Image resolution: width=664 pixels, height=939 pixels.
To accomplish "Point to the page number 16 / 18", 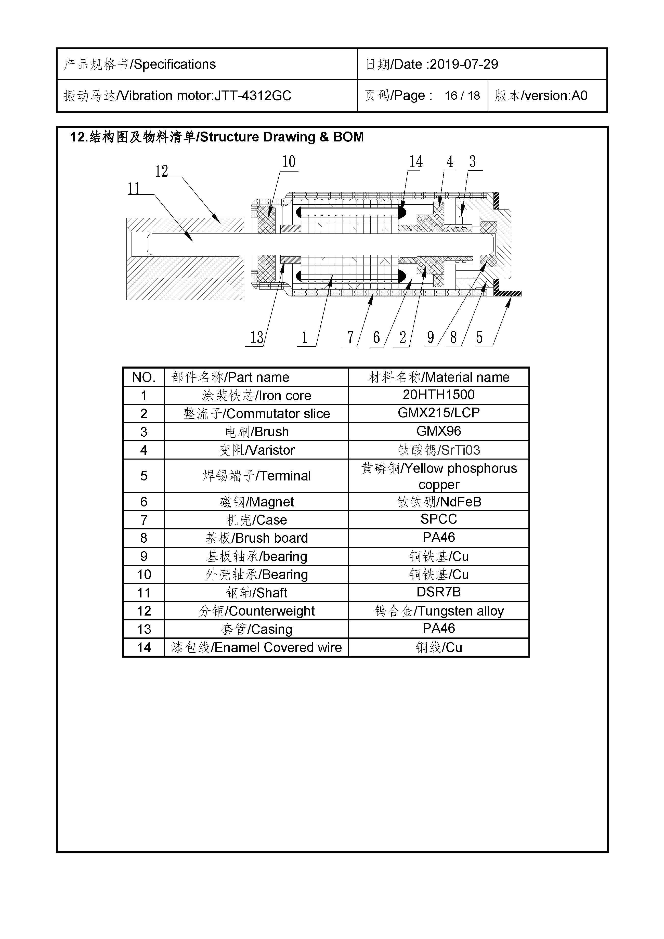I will [462, 96].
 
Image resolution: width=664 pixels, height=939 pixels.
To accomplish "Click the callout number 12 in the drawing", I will [162, 171].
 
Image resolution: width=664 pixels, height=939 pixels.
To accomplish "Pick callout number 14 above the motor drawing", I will [416, 162].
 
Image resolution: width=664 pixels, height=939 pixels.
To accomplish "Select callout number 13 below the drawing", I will [257, 338].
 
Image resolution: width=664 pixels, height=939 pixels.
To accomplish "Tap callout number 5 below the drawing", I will [479, 338].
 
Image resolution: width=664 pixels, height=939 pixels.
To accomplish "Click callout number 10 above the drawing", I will [289, 162].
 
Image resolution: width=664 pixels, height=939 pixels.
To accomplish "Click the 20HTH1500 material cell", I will [438, 395].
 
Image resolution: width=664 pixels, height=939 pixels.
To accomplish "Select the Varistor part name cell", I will [257, 450].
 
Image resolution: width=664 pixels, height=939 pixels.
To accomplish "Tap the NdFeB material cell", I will [438, 502].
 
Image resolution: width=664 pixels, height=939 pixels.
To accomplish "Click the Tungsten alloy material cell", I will [438, 611].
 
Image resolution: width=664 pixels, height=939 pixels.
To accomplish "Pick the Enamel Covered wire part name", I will [257, 647].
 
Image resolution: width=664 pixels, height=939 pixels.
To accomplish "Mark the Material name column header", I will [438, 377].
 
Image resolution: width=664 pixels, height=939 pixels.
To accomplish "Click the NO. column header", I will [144, 377].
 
